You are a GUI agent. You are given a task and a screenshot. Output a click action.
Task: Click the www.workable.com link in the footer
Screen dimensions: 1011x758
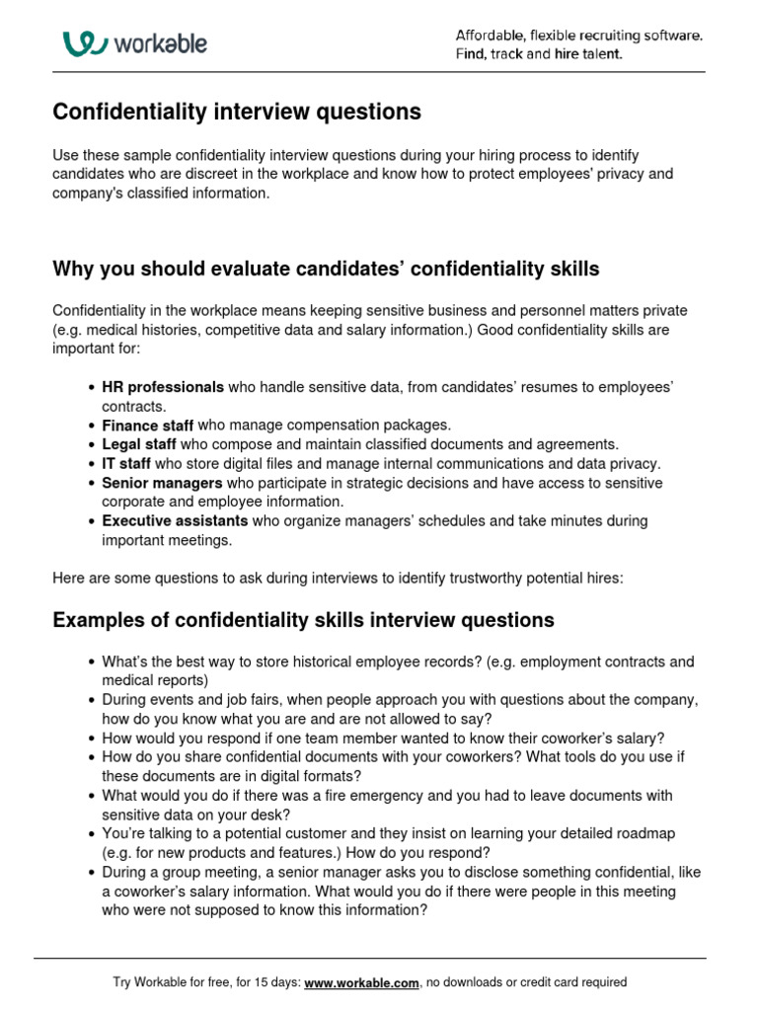[x=362, y=982]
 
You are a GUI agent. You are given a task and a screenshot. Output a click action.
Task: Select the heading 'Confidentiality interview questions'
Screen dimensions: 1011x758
[x=237, y=113]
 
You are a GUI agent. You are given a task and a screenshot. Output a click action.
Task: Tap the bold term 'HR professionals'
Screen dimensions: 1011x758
[x=163, y=387]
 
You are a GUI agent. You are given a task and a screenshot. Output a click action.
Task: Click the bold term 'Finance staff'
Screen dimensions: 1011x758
[x=148, y=425]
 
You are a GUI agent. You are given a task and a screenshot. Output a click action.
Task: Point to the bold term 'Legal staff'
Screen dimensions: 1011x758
[x=139, y=444]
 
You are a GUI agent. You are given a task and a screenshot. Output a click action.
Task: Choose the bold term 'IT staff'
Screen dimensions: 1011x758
[x=126, y=463]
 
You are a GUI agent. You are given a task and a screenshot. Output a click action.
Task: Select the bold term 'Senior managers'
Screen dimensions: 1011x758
[x=162, y=483]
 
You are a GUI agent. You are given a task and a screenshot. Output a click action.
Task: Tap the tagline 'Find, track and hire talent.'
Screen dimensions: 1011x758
[x=539, y=54]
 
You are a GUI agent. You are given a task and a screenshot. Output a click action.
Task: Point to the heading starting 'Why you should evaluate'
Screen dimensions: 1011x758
[x=326, y=270]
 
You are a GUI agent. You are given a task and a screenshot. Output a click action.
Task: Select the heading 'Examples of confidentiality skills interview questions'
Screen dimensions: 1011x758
[x=303, y=620]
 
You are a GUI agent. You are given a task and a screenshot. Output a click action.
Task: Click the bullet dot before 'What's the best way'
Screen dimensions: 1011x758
[x=92, y=662]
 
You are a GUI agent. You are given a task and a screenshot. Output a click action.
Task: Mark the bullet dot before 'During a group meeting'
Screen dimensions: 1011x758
[x=92, y=873]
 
